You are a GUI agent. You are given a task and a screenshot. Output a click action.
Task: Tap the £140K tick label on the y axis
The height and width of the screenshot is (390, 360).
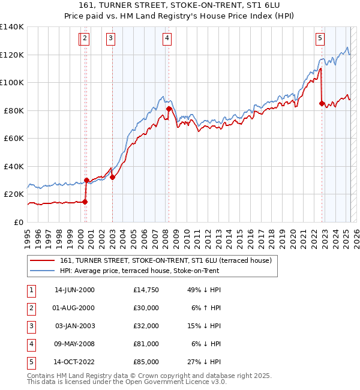click(12, 27)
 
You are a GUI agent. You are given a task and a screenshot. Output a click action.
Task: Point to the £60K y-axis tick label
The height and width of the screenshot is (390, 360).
click(14, 139)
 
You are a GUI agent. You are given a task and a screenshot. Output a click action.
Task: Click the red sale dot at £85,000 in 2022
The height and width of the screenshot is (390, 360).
click(322, 104)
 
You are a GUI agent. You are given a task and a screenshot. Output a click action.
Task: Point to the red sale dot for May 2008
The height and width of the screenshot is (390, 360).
click(169, 109)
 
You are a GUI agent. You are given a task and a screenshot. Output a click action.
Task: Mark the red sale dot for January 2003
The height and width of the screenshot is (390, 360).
click(112, 178)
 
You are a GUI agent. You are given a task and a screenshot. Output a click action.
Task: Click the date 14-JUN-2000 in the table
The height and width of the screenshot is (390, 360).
click(74, 290)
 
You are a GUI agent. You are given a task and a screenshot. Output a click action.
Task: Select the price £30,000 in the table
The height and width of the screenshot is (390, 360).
click(146, 308)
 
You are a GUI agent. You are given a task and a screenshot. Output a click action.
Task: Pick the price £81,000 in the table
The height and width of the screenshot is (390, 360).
click(146, 344)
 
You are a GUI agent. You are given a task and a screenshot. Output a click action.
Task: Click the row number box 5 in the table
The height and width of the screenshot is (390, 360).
click(31, 362)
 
